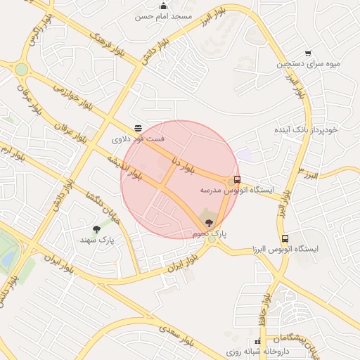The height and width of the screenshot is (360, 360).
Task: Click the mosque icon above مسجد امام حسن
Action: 164,6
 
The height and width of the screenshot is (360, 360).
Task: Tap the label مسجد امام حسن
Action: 163,16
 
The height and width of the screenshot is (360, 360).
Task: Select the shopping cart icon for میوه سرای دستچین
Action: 308,53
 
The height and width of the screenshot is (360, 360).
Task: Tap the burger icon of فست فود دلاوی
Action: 139,128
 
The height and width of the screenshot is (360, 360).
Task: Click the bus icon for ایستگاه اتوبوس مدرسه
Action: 238,179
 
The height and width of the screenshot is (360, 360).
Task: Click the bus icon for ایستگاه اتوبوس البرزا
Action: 284,238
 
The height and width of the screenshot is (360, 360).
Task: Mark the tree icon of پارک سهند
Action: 96,229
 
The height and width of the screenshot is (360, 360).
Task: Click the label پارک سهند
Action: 97,240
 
